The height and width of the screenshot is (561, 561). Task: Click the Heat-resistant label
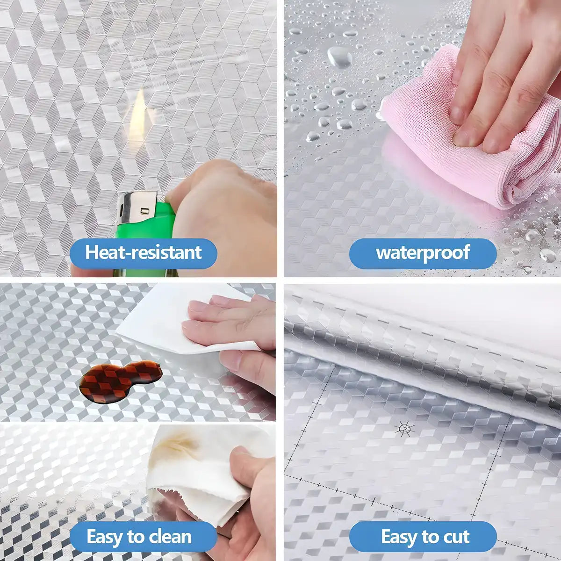tap(143, 253)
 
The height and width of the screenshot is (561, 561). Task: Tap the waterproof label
tap(423, 253)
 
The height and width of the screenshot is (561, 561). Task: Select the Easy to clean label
tap(139, 537)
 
